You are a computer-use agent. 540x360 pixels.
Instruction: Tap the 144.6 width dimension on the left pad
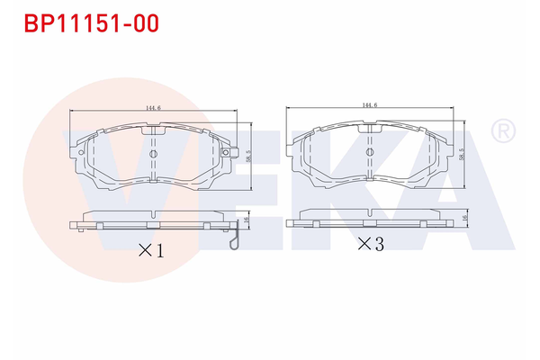(153, 109)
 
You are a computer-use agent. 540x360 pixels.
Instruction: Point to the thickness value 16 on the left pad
(247, 220)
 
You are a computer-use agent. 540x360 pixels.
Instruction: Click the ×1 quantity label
(150, 251)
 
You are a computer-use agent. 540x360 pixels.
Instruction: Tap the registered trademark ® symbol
(501, 132)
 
